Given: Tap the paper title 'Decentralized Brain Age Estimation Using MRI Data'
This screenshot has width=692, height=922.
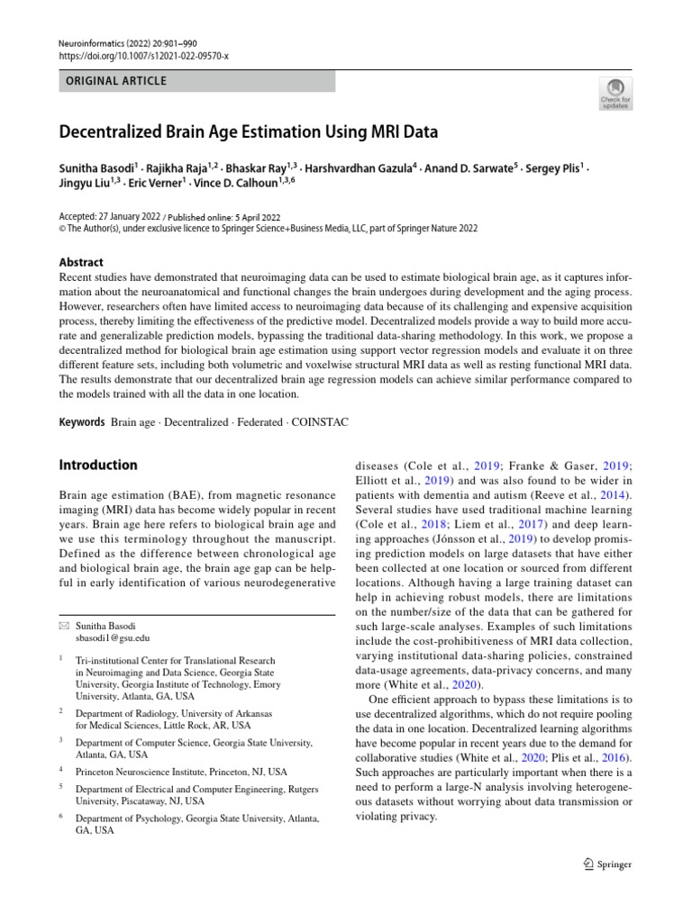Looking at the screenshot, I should click(x=248, y=132).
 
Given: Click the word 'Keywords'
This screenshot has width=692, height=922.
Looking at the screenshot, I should click(x=82, y=420).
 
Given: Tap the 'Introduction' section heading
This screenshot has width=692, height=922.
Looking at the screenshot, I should click(x=98, y=466).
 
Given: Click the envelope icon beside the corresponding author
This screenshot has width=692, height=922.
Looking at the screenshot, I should click(x=63, y=623).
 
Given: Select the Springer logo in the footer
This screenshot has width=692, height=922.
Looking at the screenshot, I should click(x=607, y=863).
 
